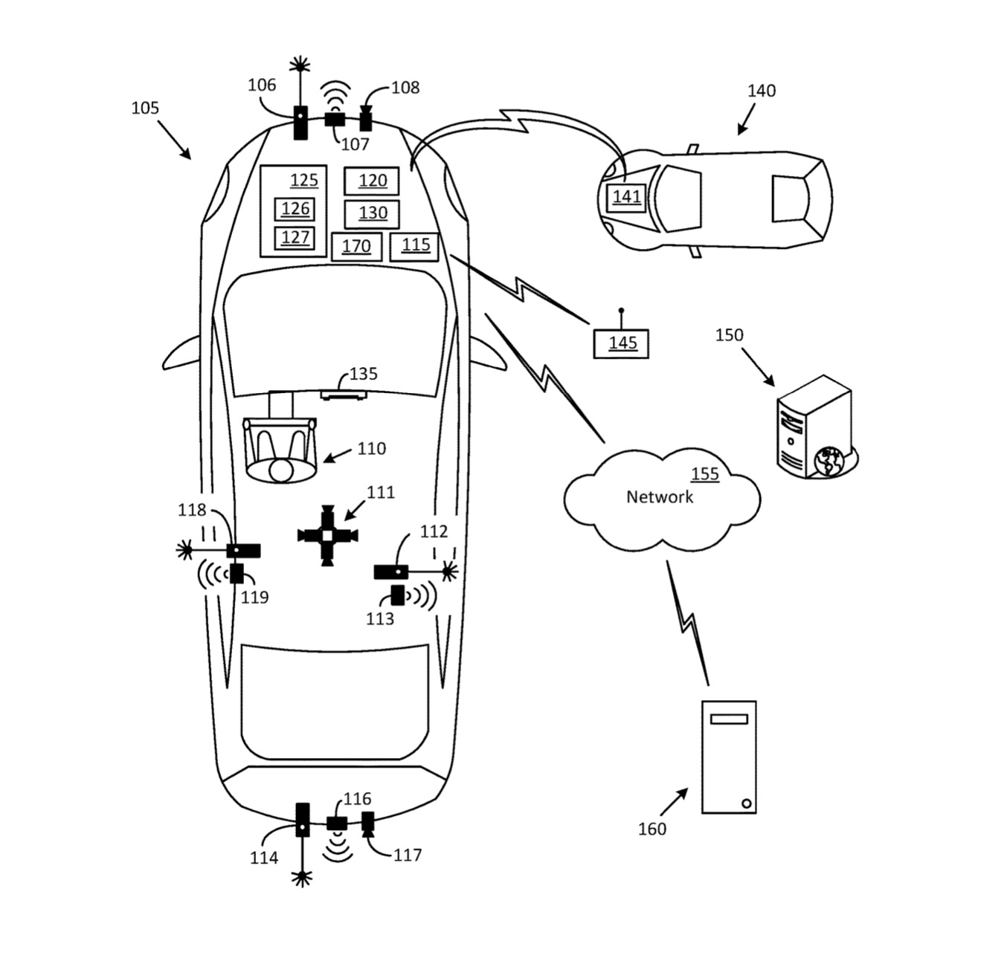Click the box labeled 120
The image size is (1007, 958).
[371, 181]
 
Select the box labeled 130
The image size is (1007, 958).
[372, 214]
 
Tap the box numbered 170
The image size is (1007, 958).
[356, 247]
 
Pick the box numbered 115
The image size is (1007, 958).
[414, 246]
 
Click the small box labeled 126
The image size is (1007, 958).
[295, 210]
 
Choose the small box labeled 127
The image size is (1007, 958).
[295, 238]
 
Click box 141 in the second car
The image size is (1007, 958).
[626, 197]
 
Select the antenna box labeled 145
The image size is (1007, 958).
[621, 343]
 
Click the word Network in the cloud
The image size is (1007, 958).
[659, 497]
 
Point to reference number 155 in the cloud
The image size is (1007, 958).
[704, 474]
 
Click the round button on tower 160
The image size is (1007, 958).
[745, 803]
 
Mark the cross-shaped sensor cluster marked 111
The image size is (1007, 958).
[327, 535]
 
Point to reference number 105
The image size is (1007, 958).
[145, 109]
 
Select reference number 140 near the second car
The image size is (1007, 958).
[761, 91]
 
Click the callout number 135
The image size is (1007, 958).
[363, 374]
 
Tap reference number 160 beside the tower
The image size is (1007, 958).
[652, 829]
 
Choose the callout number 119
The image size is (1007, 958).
[254, 598]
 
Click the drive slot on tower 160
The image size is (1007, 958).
[729, 719]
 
